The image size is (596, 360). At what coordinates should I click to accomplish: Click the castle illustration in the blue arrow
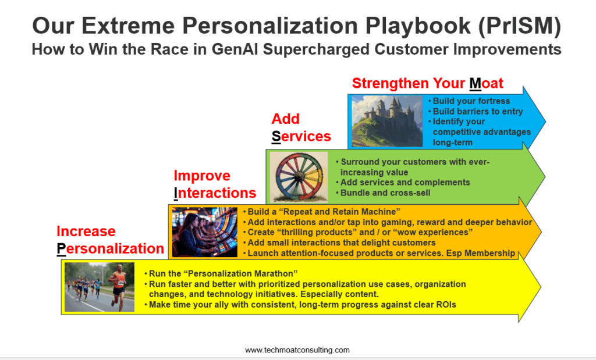point(387,121)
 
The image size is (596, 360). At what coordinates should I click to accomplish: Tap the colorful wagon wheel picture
point(299,177)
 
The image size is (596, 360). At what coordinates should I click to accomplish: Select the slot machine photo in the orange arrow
point(204,232)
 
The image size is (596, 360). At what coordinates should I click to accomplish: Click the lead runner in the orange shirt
point(119,284)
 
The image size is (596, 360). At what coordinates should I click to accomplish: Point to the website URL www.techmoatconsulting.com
point(297,350)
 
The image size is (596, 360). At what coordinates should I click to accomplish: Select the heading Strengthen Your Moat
point(428,83)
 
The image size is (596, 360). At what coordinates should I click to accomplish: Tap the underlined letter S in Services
point(276,136)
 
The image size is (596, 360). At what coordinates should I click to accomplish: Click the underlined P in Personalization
point(61,248)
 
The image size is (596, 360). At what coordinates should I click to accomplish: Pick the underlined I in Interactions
point(176,193)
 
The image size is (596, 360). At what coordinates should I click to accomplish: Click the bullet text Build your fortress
point(471,101)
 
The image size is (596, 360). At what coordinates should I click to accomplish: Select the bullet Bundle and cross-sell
point(385,193)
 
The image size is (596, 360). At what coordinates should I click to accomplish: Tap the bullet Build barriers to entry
point(478,111)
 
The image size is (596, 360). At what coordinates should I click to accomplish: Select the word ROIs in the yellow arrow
point(446,305)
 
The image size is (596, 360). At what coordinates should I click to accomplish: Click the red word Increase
point(86,231)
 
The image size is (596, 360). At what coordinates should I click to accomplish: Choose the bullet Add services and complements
point(405,182)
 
